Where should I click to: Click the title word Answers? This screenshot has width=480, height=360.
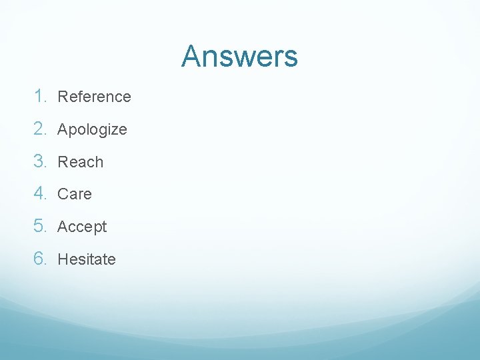[239, 56]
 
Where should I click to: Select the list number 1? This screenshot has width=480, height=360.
[41, 96]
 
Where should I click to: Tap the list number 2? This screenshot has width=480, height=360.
[41, 129]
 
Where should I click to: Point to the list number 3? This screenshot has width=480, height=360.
[41, 161]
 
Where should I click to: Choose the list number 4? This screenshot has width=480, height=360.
[41, 194]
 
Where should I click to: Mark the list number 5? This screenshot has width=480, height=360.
[41, 227]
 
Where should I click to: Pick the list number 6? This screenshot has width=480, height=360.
[41, 259]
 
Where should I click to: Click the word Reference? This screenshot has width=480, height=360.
[94, 97]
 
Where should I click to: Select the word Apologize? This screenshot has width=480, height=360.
[92, 129]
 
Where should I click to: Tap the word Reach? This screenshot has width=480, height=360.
[81, 162]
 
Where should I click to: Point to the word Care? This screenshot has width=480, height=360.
[75, 195]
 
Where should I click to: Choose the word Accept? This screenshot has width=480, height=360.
[82, 227]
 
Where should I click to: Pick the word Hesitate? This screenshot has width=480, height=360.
[87, 259]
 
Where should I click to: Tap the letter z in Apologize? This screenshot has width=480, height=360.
[113, 130]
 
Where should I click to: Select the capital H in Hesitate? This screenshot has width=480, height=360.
[63, 259]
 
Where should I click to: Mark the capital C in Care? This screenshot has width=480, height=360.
[63, 195]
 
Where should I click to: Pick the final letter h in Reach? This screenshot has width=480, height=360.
[99, 162]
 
